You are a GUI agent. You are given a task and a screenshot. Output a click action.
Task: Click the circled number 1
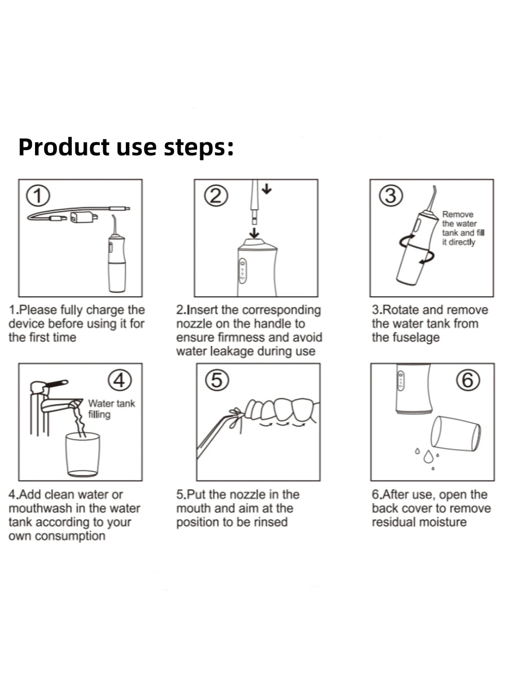(38, 196)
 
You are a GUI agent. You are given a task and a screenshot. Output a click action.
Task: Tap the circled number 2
(216, 196)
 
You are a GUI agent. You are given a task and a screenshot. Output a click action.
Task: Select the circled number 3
(391, 196)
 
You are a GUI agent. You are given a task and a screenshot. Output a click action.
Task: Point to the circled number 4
(120, 380)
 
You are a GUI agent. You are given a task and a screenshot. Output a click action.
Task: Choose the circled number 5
(217, 380)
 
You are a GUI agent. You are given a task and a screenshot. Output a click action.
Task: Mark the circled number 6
(468, 380)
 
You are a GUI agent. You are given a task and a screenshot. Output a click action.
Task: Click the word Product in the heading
(64, 147)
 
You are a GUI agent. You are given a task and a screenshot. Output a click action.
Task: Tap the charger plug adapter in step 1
(82, 217)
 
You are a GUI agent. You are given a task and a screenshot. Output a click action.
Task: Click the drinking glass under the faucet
(83, 455)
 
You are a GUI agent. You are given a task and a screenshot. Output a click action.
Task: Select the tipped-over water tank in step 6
(456, 434)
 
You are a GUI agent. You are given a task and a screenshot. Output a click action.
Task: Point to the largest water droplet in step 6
(428, 457)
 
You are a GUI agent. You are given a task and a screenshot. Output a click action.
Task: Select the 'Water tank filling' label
(111, 409)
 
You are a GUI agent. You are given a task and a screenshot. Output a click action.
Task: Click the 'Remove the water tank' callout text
(463, 228)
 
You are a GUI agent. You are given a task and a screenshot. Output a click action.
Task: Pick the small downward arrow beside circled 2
(267, 189)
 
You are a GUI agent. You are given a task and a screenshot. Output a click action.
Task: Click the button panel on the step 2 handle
(243, 271)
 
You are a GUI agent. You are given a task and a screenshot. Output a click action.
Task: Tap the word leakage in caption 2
(232, 351)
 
